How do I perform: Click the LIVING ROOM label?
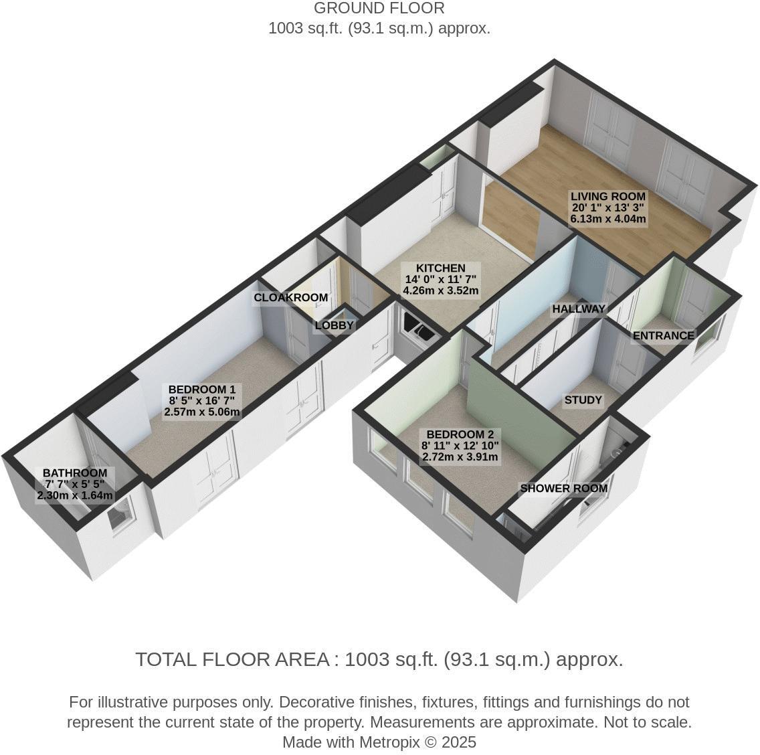click(x=607, y=196)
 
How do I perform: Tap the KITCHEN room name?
click(x=440, y=268)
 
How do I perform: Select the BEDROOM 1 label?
click(x=201, y=390)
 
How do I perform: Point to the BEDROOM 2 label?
click(x=460, y=434)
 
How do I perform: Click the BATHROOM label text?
click(x=75, y=473)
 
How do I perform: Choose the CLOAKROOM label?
click(x=290, y=297)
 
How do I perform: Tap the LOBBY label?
click(x=334, y=325)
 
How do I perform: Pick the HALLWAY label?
click(x=579, y=309)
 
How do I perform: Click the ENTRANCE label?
click(x=663, y=335)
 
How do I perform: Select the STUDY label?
click(x=583, y=400)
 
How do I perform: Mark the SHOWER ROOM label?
click(x=563, y=488)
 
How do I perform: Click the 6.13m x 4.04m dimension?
click(x=607, y=219)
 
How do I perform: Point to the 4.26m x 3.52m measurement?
click(x=440, y=290)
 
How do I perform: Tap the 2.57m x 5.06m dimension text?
click(x=201, y=412)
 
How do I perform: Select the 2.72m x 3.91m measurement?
click(x=460, y=457)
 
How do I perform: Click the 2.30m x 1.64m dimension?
click(x=75, y=496)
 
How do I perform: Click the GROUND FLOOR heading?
click(x=379, y=9)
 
